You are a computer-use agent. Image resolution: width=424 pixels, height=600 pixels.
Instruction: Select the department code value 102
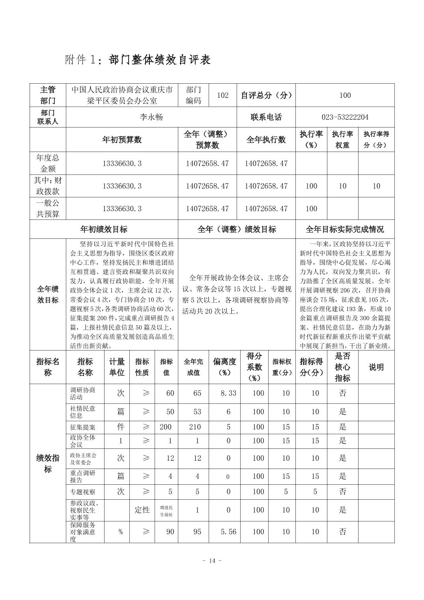click(222, 95)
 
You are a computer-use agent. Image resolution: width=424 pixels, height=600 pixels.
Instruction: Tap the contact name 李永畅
click(151, 117)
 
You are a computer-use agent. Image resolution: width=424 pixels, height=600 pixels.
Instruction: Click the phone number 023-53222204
click(345, 117)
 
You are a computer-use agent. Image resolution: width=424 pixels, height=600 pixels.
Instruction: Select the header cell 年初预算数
click(121, 140)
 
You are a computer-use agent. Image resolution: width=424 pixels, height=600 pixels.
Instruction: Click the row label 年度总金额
click(48, 163)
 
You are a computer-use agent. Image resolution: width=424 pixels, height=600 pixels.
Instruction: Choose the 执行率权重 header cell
click(342, 140)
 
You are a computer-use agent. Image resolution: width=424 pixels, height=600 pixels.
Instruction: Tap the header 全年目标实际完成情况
click(345, 229)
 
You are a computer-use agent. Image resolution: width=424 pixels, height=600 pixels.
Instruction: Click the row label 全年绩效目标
click(48, 294)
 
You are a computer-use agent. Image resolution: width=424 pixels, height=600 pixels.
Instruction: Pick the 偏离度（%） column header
click(224, 367)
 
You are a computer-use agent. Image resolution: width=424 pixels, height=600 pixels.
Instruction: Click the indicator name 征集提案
click(83, 427)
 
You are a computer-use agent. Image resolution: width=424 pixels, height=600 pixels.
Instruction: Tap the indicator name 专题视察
click(83, 492)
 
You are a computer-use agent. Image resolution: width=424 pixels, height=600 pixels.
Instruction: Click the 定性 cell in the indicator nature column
click(142, 510)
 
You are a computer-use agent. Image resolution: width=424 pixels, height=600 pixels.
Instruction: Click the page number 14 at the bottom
click(212, 561)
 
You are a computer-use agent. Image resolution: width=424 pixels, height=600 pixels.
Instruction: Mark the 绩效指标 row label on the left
click(48, 463)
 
